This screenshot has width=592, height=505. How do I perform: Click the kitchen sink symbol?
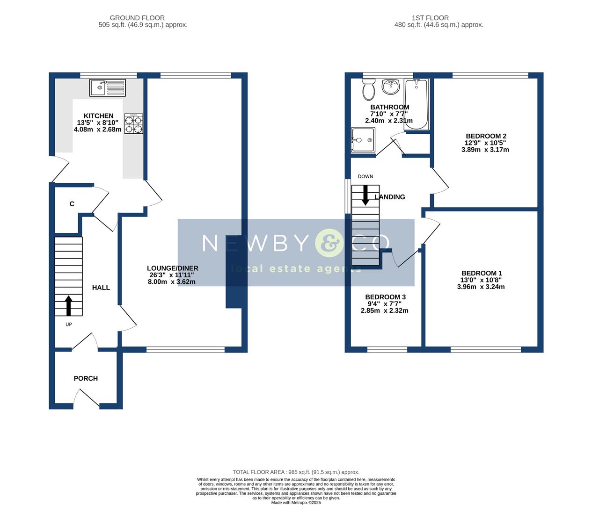pos(108,87)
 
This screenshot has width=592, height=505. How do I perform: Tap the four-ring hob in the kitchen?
pos(133,124)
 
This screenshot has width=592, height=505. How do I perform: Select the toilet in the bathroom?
pos(368,89)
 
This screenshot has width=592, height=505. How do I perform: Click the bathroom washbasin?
pos(390,87)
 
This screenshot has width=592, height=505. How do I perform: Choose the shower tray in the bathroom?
pos(363,140)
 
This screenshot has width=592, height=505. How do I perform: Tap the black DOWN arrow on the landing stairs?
pos(365,195)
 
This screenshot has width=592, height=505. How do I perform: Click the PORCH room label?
pos(86,378)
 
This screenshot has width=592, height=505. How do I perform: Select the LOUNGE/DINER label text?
pos(173,268)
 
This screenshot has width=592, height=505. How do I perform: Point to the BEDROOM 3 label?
pos(385,297)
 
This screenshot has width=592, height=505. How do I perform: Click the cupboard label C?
pos(72,204)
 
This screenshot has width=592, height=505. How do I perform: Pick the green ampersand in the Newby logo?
pos(329,243)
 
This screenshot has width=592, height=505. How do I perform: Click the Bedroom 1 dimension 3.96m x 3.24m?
pos(481,287)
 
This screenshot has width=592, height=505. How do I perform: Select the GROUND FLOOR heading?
pos(137,18)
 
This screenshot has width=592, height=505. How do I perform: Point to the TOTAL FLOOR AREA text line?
pos(296,472)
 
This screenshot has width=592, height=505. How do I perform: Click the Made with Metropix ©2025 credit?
pos(296,503)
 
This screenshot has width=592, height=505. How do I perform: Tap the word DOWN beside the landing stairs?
pos(365,176)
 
